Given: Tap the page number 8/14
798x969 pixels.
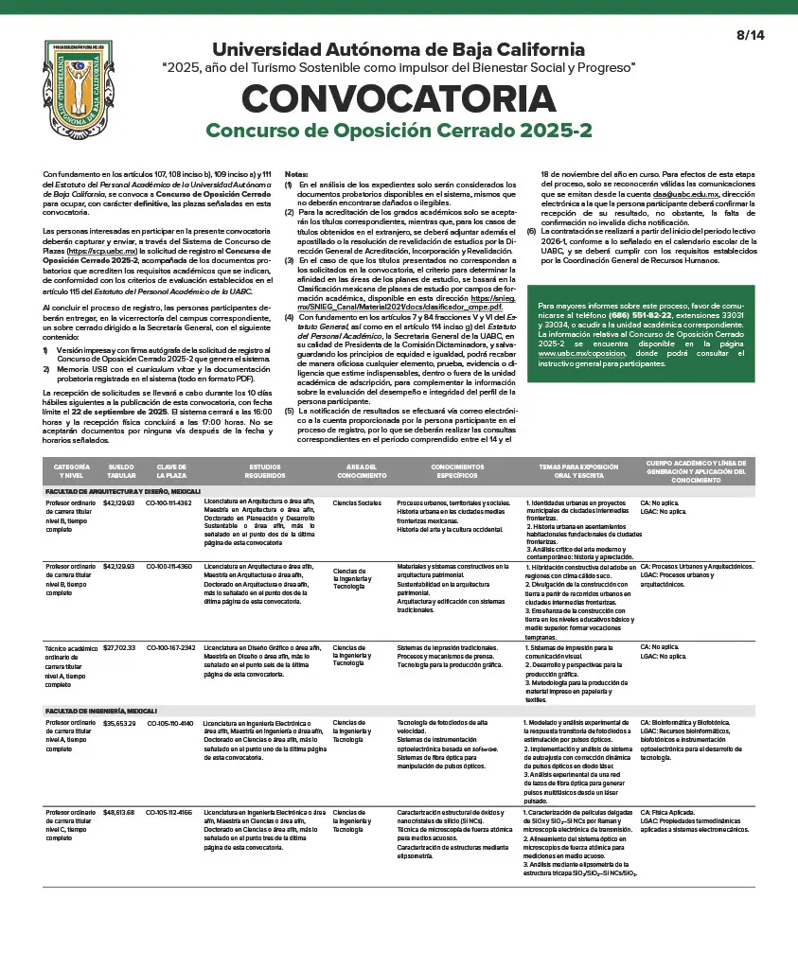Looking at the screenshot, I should point(750,35).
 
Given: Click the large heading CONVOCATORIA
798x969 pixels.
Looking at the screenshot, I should point(399,99).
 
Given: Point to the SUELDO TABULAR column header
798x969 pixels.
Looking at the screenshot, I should point(121,470).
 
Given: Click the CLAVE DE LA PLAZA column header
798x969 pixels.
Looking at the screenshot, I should point(171,470).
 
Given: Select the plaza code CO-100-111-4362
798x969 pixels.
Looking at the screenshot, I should point(169,502).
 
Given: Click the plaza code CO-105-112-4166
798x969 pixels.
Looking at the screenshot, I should point(169,812).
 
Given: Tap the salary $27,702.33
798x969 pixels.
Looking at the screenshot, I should point(119,647).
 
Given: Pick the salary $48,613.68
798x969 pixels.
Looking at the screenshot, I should point(119,812).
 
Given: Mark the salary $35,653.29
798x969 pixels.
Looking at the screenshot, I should point(119,723).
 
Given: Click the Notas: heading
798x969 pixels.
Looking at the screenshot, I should point(296,174).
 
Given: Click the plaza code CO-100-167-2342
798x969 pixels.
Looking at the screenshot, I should point(170,647).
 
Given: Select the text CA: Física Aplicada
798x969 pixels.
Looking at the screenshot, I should point(667,812).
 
